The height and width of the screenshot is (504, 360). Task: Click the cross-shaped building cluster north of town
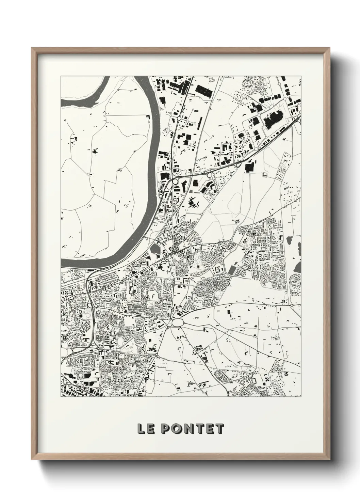click(x=192, y=202)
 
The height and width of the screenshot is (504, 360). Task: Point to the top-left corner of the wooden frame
click(x=32, y=48)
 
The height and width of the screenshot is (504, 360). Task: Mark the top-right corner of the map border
click(x=301, y=76)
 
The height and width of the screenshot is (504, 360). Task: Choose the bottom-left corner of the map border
click(x=61, y=397)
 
